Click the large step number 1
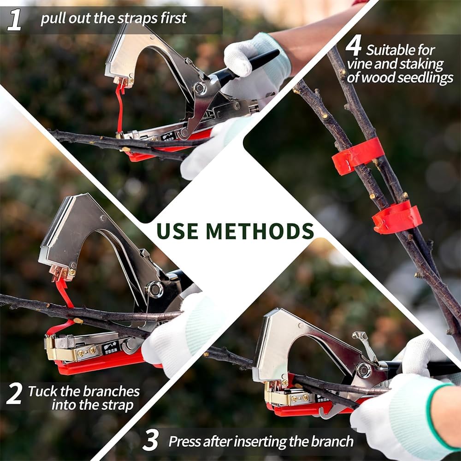tap(14, 20)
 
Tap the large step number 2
tap(14, 394)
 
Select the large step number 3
tap(151, 440)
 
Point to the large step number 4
tap(354, 45)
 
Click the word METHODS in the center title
tap(260, 231)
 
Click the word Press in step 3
tap(185, 441)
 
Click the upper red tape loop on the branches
tap(358, 156)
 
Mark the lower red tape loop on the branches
tap(396, 218)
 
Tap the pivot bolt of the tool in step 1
tap(200, 88)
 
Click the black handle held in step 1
tap(244, 66)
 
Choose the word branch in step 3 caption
tap(332, 441)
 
